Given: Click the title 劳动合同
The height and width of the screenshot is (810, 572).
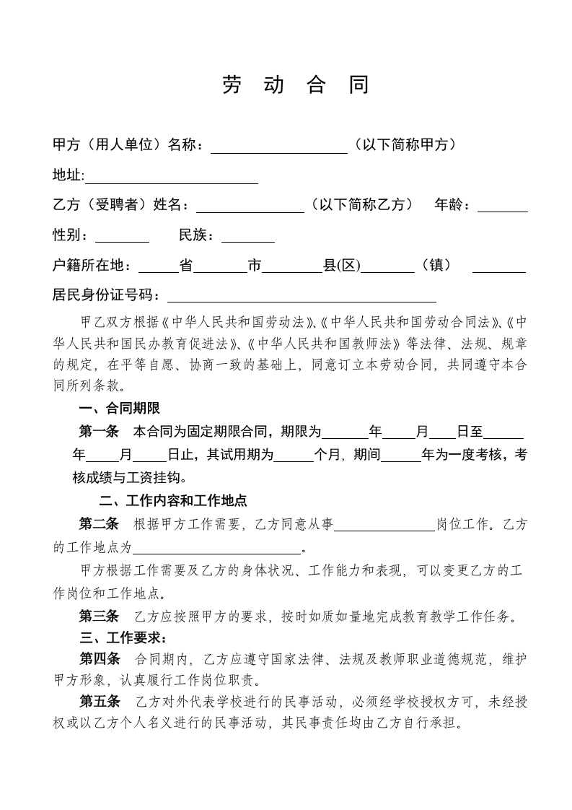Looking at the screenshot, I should [x=295, y=85].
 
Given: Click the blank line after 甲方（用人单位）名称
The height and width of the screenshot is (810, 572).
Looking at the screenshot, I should [x=278, y=147].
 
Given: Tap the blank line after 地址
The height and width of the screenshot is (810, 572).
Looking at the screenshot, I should [x=172, y=178].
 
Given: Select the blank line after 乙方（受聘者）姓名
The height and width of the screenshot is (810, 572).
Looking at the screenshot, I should [x=250, y=206].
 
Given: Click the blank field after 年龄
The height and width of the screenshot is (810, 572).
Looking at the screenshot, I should [x=502, y=206].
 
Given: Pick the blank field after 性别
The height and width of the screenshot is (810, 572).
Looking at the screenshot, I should [x=122, y=236].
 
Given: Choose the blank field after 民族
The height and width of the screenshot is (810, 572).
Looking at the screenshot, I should [x=247, y=236].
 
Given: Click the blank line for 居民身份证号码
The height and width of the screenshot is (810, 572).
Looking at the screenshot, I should [x=302, y=296].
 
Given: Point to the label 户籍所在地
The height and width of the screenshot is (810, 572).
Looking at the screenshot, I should [x=92, y=266].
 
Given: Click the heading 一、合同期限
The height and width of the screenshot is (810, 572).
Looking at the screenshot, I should [x=119, y=409].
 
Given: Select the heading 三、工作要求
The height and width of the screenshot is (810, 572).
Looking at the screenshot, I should [x=123, y=637].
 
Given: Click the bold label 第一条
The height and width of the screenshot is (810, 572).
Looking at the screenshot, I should [x=98, y=432].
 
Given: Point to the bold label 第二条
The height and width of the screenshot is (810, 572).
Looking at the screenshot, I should [x=98, y=524].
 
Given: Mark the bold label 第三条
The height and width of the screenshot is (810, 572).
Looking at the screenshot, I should [x=98, y=617].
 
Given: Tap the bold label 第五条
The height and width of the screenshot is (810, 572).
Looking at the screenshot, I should [x=98, y=702].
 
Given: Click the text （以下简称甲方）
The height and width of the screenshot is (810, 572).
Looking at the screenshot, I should [x=404, y=146].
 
